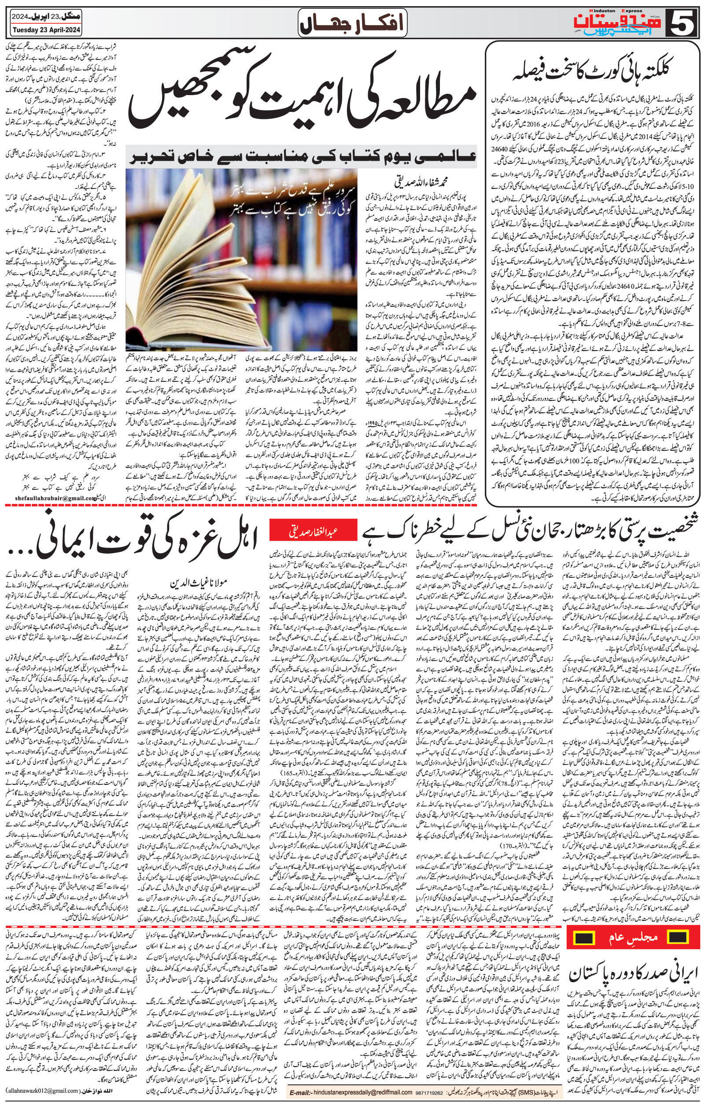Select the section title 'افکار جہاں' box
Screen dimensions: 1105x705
pos(352,23)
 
